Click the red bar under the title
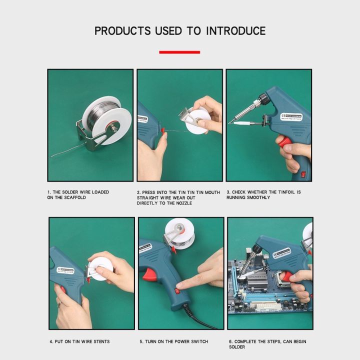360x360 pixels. [x=179, y=52]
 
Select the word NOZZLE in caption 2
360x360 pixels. [x=182, y=203]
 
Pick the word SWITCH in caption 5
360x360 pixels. [x=198, y=341]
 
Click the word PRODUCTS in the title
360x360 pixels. [x=122, y=30]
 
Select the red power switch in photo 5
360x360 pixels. [x=176, y=291]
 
